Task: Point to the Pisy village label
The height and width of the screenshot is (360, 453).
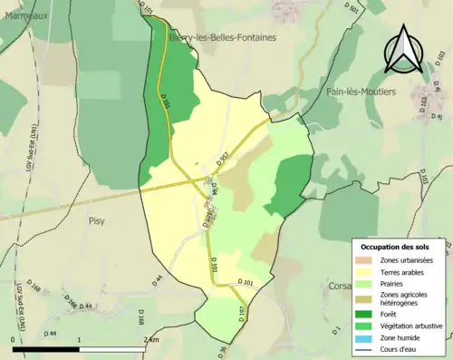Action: pos(97,220)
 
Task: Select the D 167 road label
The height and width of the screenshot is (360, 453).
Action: pos(242,315)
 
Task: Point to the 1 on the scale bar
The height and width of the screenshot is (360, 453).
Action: pos(80,339)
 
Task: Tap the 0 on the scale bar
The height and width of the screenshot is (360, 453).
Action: pos(14,339)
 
